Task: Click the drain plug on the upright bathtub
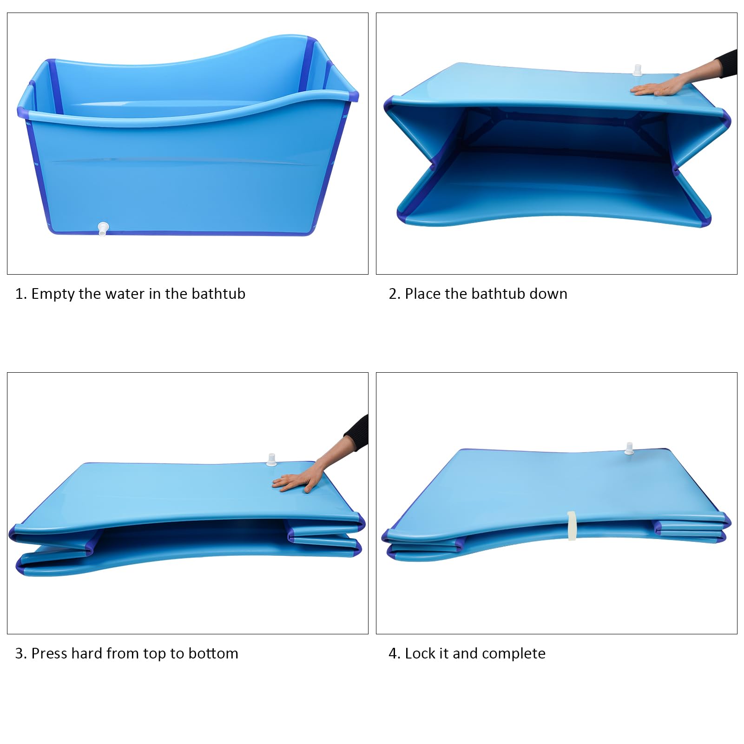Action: point(103,229)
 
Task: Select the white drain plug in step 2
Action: point(637,70)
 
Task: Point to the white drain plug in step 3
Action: point(271,460)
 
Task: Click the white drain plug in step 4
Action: point(629,448)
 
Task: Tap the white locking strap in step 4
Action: point(572,526)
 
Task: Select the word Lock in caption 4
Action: point(420,653)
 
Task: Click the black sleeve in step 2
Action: point(726,63)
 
